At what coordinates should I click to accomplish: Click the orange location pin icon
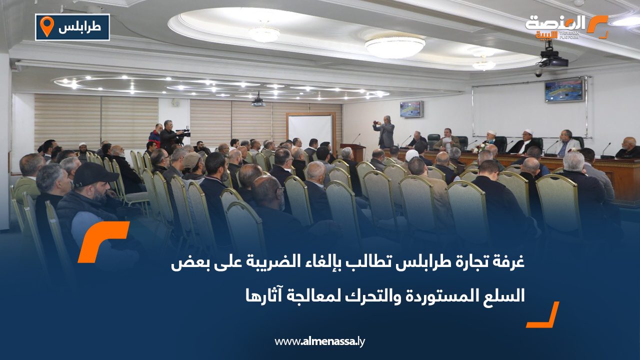[x=46, y=26]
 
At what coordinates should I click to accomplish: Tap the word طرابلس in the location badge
[x=76, y=27]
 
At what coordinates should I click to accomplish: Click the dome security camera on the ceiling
[x=538, y=73]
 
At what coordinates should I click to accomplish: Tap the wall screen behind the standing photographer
[x=411, y=108]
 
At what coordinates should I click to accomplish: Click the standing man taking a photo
[x=384, y=132]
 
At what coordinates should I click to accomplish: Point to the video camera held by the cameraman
[x=182, y=133]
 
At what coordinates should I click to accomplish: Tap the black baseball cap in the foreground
[x=94, y=173]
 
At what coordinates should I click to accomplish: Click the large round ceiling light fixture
[x=394, y=45]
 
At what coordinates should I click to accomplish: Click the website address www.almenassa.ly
[x=320, y=341]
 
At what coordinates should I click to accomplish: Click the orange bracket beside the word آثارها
[x=543, y=315]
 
